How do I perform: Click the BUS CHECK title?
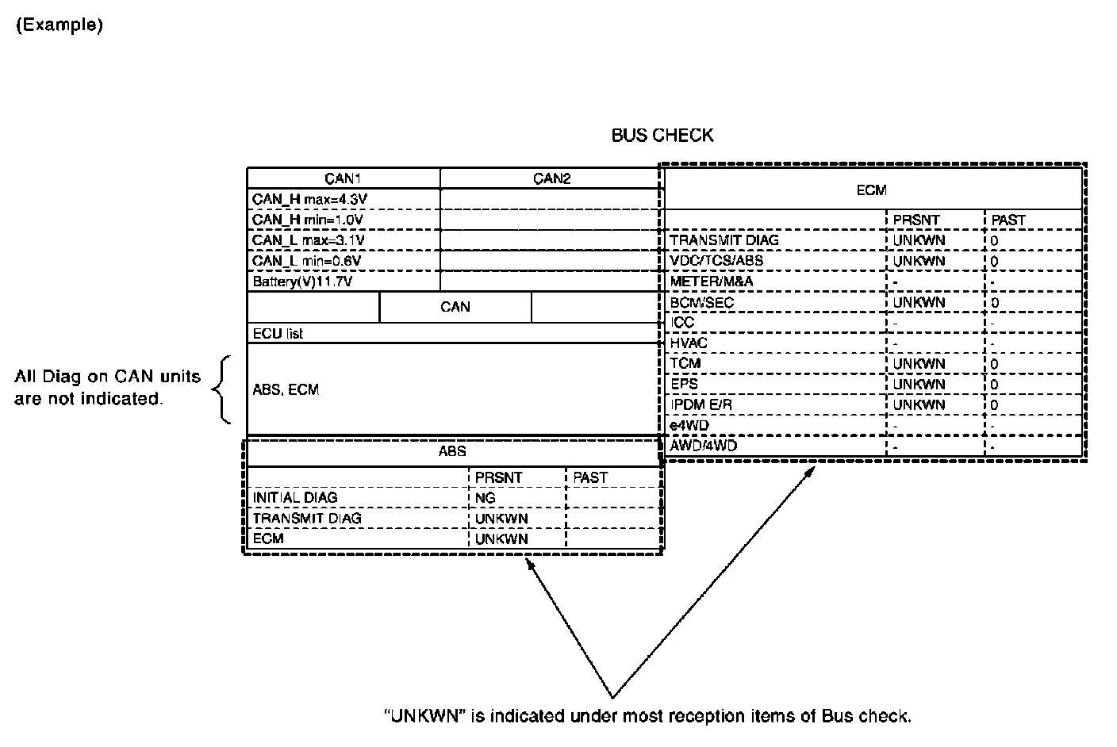click(x=662, y=136)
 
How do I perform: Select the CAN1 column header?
click(x=344, y=178)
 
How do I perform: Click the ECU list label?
click(x=278, y=334)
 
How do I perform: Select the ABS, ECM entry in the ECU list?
click(x=286, y=390)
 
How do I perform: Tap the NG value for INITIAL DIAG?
click(x=485, y=498)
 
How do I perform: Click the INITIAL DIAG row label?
click(x=295, y=498)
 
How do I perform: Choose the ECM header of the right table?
click(x=871, y=190)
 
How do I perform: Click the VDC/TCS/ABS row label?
click(x=716, y=261)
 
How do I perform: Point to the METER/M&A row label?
click(x=712, y=282)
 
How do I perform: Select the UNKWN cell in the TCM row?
click(x=919, y=364)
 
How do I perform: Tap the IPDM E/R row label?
click(x=701, y=405)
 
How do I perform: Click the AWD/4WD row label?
click(x=704, y=446)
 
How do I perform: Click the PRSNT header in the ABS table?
click(x=498, y=477)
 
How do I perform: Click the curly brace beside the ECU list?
click(x=223, y=389)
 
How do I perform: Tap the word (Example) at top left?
click(x=59, y=25)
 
